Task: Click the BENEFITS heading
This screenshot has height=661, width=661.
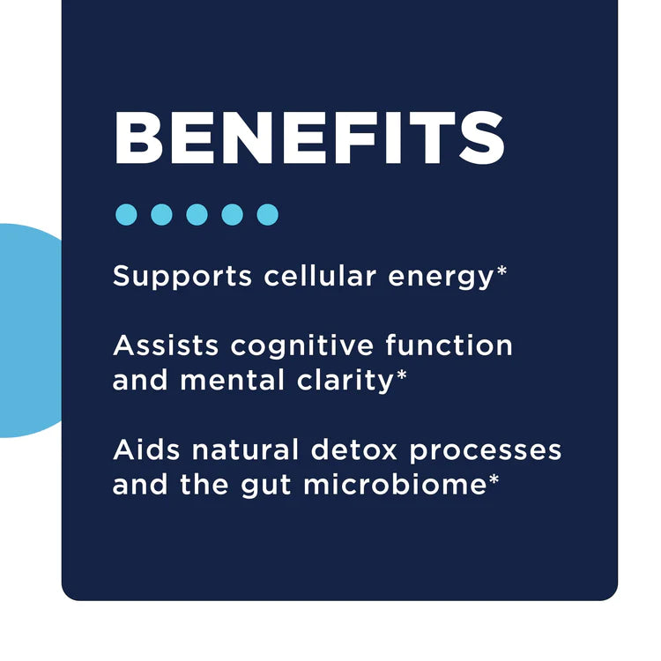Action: pyautogui.click(x=309, y=139)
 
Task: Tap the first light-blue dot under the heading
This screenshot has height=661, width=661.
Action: pyautogui.click(x=127, y=214)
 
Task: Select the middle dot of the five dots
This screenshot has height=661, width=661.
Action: pyautogui.click(x=197, y=214)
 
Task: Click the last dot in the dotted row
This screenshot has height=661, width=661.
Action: pyautogui.click(x=268, y=214)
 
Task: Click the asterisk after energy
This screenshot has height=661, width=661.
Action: pyautogui.click(x=502, y=271)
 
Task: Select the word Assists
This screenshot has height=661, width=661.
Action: pyautogui.click(x=165, y=345)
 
